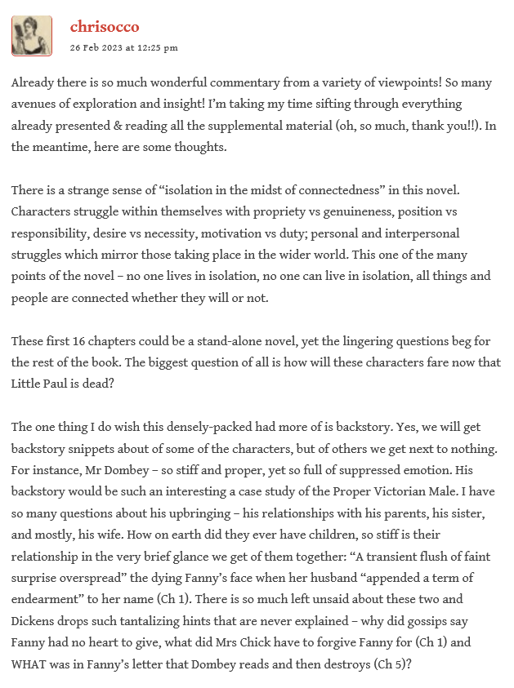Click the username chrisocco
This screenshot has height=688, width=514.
[x=105, y=27]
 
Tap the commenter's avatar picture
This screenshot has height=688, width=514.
[x=32, y=36]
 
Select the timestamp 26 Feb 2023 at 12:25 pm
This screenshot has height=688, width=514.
[x=123, y=47]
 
